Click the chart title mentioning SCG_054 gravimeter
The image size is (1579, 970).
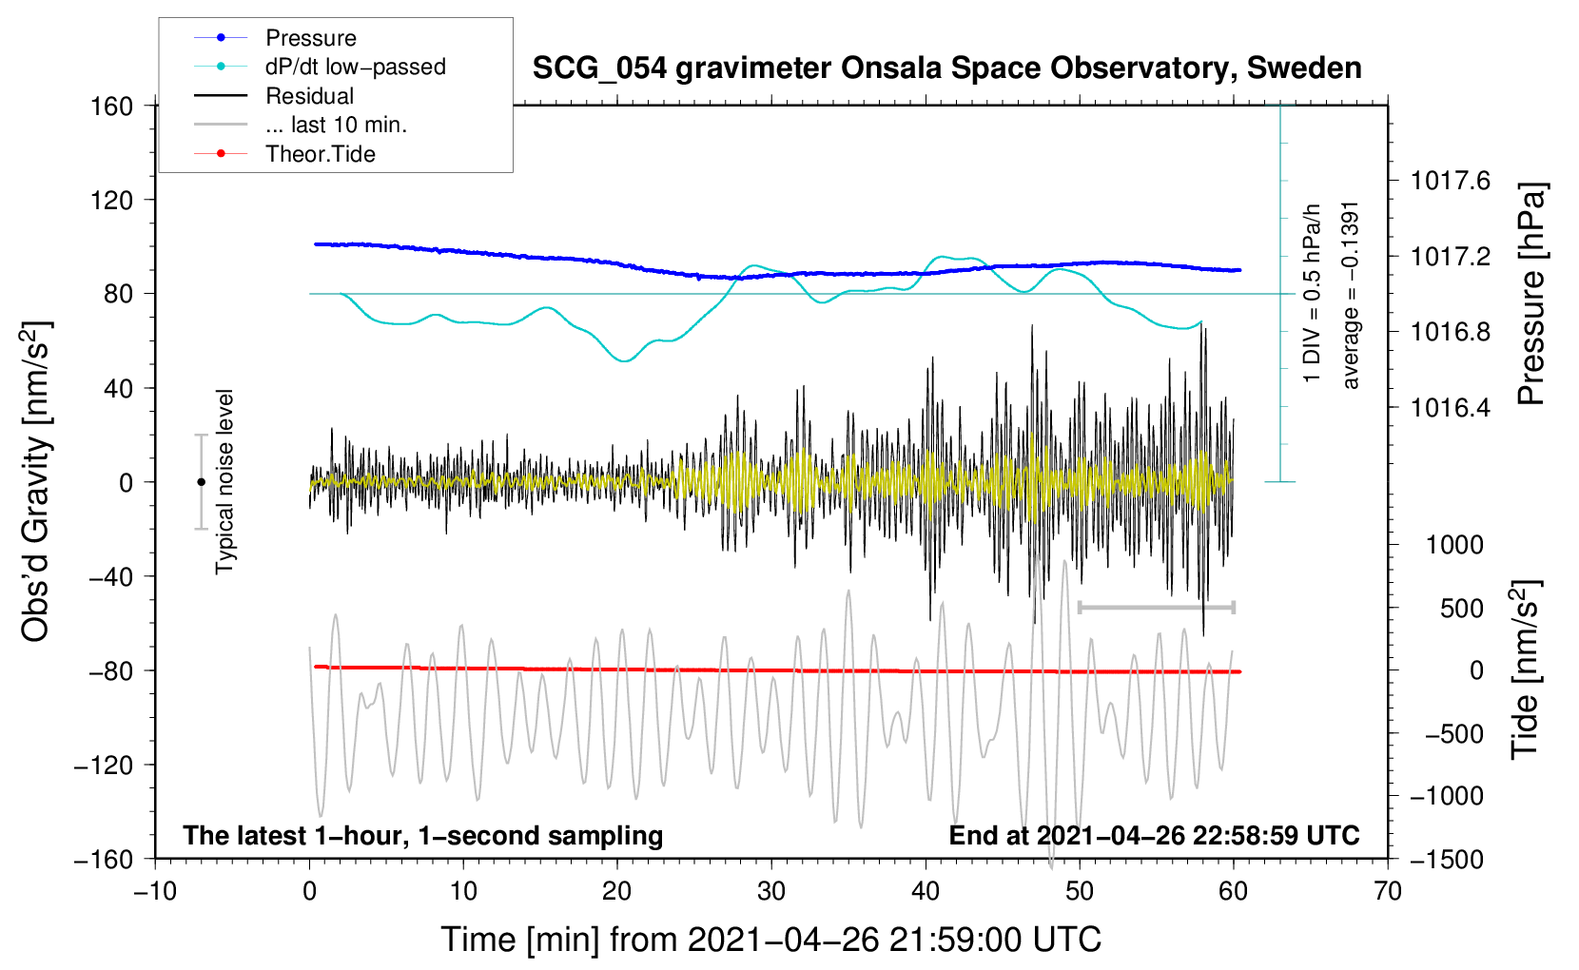point(946,68)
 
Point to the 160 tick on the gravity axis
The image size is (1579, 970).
point(112,107)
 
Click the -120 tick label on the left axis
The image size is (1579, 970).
point(104,765)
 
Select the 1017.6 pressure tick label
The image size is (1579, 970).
point(1451,182)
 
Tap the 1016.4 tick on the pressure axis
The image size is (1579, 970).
point(1451,407)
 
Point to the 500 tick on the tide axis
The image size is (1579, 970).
point(1461,608)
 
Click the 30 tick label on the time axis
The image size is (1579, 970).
point(771,892)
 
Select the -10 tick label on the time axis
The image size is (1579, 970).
point(155,892)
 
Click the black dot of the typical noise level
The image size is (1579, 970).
point(201,482)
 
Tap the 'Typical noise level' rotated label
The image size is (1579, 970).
point(224,482)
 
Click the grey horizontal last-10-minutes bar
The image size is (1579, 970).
point(1156,608)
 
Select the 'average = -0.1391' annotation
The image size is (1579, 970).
point(1349,296)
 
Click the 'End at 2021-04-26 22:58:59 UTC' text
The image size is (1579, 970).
point(1154,835)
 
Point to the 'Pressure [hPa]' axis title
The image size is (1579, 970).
point(1530,294)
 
